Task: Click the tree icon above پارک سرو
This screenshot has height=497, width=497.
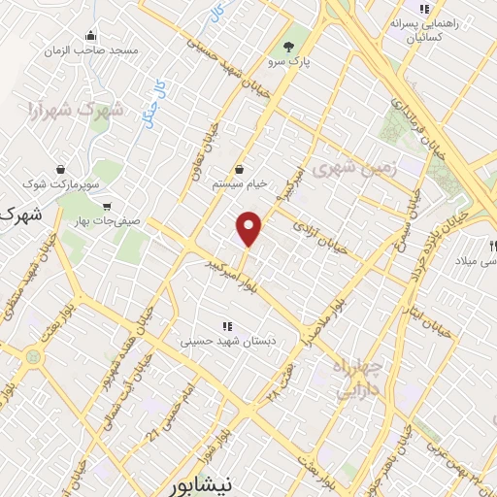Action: point(287,46)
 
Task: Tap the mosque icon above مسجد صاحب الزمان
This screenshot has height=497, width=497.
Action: point(90,35)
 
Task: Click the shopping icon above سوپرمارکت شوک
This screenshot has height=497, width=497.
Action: point(61,167)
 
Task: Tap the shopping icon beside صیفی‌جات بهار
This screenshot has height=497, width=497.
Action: point(106,206)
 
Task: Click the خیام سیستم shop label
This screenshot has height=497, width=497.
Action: point(240,184)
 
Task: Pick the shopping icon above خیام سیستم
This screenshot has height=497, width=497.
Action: point(239,170)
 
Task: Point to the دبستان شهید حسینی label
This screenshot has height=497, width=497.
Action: point(228,341)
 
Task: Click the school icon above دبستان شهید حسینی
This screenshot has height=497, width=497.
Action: point(227,326)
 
